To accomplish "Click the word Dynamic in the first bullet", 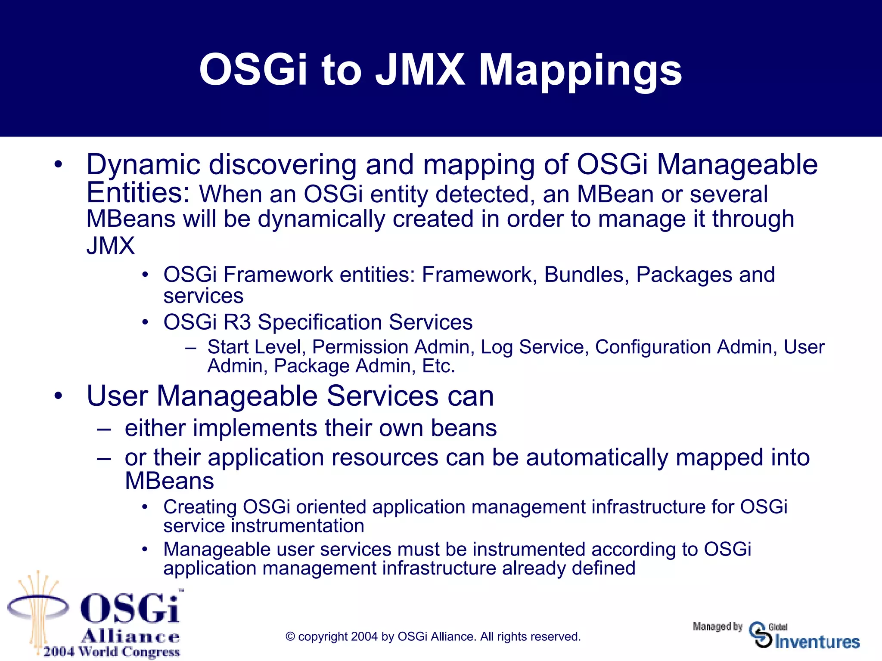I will click(143, 165).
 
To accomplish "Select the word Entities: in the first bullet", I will click(138, 193).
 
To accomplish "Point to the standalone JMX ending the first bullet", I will click(111, 246).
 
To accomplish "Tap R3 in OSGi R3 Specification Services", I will click(237, 322).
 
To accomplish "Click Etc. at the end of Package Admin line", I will click(438, 366).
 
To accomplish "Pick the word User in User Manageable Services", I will click(117, 396).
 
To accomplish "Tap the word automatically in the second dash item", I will click(597, 457).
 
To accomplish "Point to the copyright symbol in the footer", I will click(290, 637).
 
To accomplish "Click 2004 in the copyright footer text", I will click(364, 637).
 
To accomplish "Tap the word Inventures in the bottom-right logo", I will click(817, 642).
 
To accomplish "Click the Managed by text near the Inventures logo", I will click(717, 627).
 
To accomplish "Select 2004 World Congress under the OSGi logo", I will click(111, 652).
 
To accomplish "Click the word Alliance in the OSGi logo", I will click(130, 636).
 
